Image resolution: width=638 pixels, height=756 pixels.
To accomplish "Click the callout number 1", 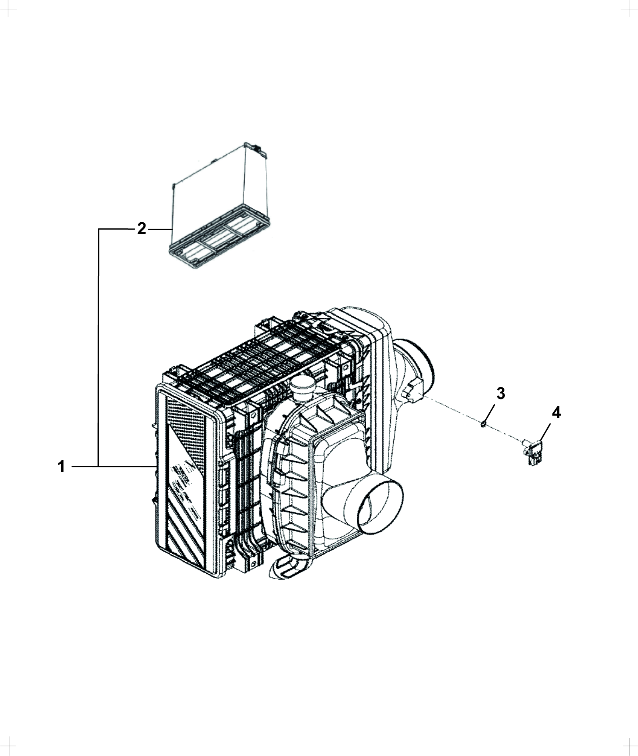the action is coord(61,466).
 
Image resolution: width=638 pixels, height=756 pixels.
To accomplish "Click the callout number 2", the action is coord(142,229).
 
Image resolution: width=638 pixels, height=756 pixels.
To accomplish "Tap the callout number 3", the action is coord(501,393).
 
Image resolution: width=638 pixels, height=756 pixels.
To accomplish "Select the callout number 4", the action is coord(556,413).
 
